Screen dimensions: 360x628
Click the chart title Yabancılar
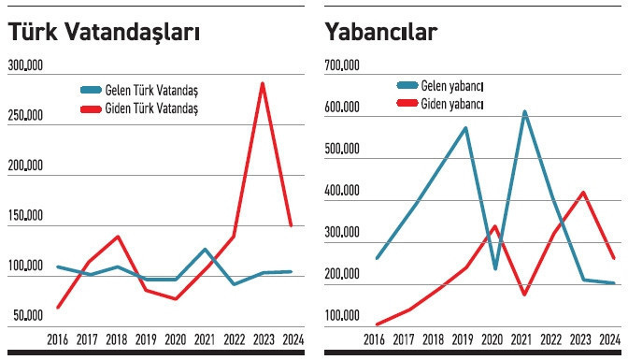pos(381,32)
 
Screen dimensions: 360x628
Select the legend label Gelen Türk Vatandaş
pos(150,90)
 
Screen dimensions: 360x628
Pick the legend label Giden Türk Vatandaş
pos(150,108)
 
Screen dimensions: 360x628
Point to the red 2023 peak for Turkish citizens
pos(263,84)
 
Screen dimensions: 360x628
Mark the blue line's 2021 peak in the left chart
pos(205,250)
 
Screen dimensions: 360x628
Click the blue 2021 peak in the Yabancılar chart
pos(524,112)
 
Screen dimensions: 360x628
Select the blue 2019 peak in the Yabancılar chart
pos(465,128)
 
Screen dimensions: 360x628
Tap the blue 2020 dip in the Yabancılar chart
pos(495,268)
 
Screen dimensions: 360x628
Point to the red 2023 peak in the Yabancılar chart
pos(583,193)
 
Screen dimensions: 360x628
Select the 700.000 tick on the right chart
pos(342,65)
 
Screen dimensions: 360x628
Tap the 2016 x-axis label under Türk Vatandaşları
pos(58,338)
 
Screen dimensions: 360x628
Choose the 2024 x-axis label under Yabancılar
pos(609,338)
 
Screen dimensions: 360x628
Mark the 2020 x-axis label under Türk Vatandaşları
pos(175,338)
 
